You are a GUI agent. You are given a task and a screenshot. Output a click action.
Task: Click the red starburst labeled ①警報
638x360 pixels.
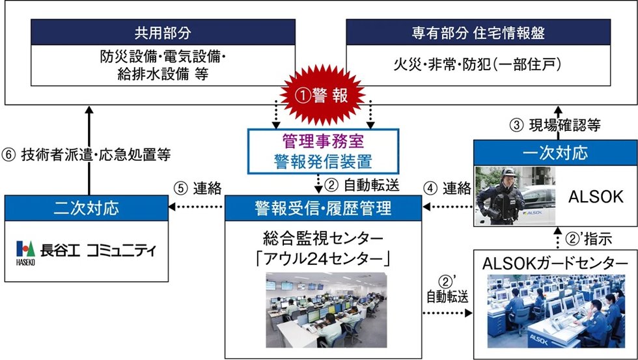(x=320, y=96)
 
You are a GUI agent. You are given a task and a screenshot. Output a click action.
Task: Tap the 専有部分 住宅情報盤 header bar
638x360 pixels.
(x=478, y=32)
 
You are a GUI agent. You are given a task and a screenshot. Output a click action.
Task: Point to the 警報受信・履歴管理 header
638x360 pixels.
(x=323, y=208)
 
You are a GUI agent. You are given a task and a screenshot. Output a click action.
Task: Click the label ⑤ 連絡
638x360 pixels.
(x=199, y=188)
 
